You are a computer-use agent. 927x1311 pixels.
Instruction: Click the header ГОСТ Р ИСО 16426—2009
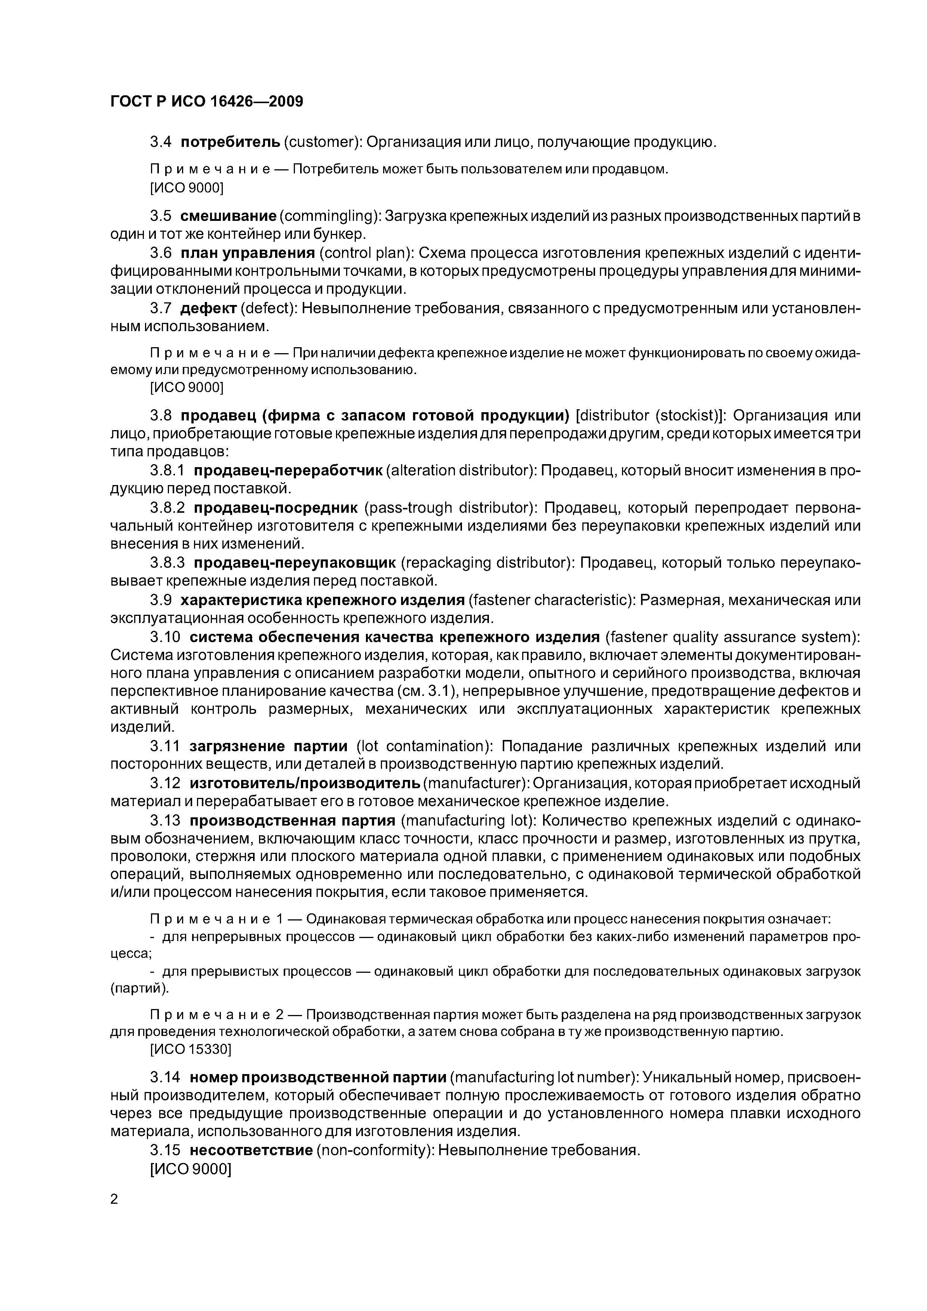coord(206,102)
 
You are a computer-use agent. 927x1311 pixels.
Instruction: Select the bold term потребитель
coord(230,142)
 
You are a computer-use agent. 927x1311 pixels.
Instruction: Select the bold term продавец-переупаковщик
coord(294,563)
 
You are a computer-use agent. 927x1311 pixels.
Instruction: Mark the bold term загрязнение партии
coord(268,746)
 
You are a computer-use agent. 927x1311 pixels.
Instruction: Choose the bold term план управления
coord(248,253)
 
